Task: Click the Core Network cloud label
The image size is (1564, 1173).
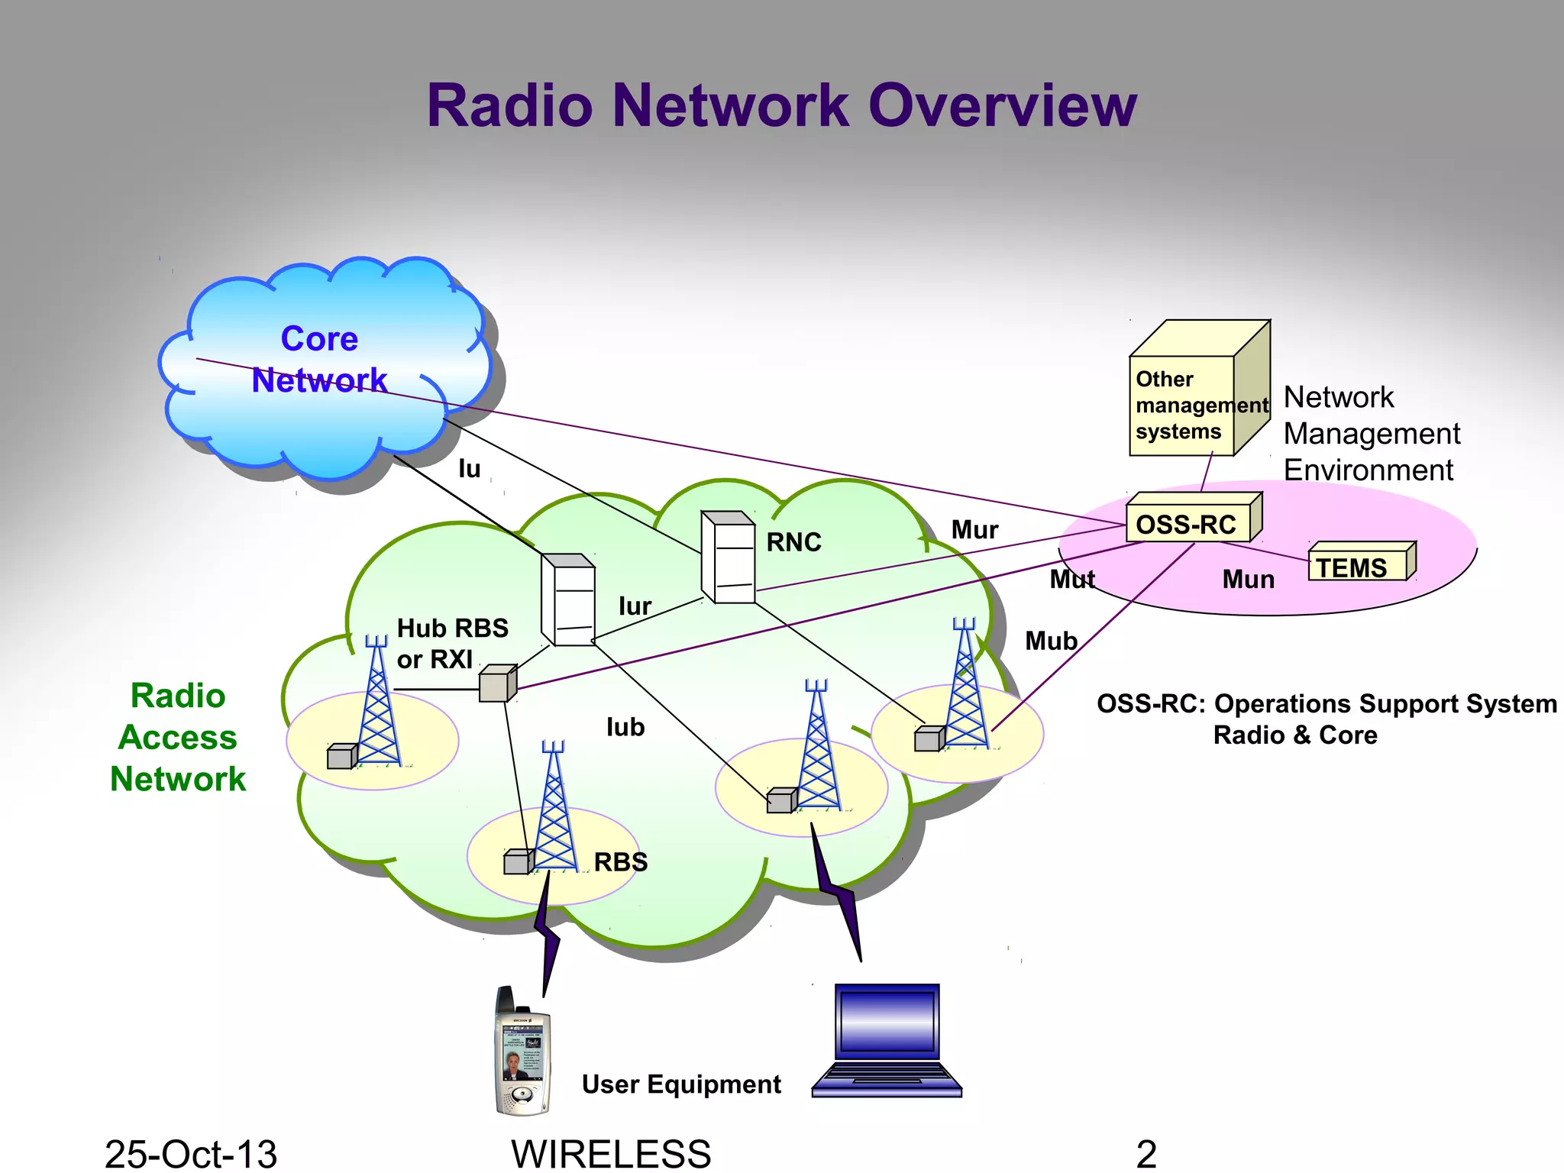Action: tap(319, 359)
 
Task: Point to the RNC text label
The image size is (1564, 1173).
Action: tap(793, 542)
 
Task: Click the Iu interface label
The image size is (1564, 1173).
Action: tap(469, 469)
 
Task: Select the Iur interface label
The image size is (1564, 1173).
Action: tap(635, 606)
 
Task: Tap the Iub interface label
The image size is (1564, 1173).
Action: tap(625, 727)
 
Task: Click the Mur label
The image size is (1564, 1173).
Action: tap(974, 530)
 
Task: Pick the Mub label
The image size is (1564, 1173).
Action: tap(1051, 641)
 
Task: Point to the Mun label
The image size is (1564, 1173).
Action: tap(1248, 580)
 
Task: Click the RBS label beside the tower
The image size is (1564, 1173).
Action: tap(621, 862)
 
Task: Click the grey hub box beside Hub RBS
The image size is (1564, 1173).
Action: tap(496, 683)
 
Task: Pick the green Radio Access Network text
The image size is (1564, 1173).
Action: tap(178, 738)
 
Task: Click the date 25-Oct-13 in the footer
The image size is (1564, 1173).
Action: tap(190, 1153)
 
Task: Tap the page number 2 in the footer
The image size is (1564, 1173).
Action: tap(1146, 1153)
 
